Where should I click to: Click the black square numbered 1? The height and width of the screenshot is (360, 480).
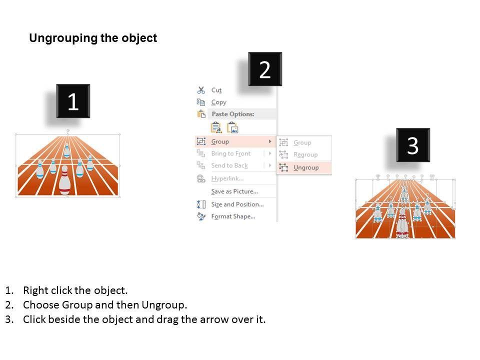pos(73,101)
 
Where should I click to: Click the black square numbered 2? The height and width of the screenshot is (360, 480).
pos(265,69)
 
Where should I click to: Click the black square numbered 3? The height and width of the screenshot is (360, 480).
pos(413,145)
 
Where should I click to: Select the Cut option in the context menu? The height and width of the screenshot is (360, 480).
pos(216,90)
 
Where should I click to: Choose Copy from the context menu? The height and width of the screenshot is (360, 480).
pos(218,102)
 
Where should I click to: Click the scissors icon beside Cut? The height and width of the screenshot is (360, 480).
pos(201,90)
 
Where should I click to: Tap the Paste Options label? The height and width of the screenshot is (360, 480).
pos(233,114)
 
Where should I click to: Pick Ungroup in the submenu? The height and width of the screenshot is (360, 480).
pos(306,167)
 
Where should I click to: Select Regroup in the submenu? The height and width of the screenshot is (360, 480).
pos(305,154)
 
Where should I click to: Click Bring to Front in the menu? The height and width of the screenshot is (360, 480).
pos(231,153)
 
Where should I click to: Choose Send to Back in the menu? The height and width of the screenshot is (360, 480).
pos(229,165)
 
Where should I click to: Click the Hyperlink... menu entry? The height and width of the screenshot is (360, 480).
pos(227,178)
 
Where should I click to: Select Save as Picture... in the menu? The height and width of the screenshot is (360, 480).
pos(234,191)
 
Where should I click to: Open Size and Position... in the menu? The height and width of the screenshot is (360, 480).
pos(237,204)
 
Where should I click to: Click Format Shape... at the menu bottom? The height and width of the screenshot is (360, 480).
pos(233,216)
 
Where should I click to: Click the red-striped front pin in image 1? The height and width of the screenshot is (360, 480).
pos(64,180)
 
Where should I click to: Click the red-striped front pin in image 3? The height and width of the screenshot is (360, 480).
pos(402,223)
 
